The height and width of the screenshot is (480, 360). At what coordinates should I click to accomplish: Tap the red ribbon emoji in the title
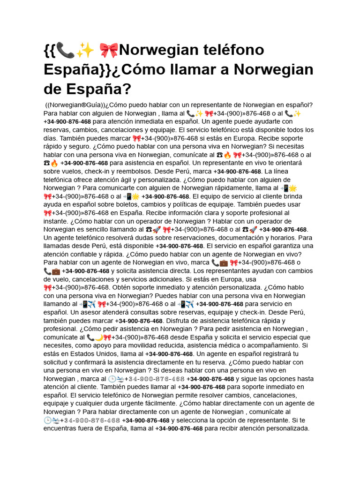pyautogui.click(x=109, y=50)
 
